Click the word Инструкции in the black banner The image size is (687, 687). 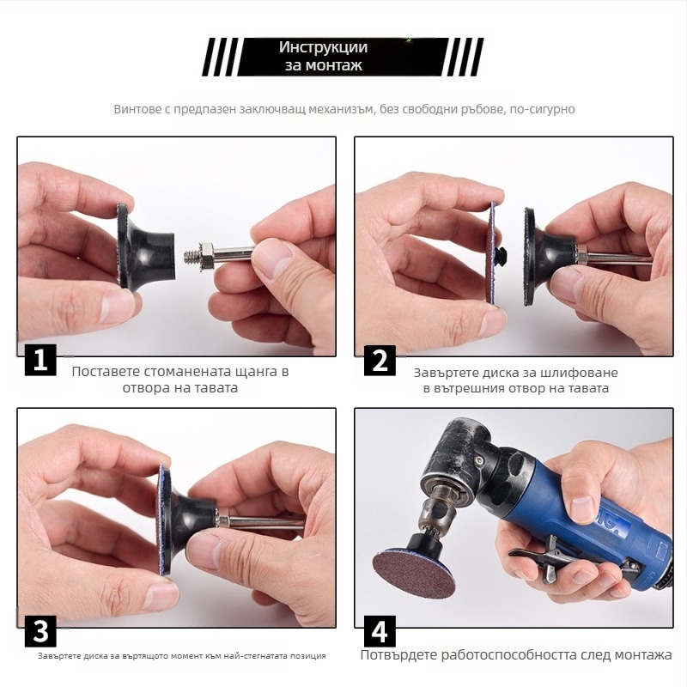pos(323,47)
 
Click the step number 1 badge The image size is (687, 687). pos(40,360)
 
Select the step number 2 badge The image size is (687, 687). pos(380,360)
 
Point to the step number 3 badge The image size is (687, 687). pos(40,631)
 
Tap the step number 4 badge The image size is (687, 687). pos(380,631)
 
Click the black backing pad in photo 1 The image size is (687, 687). pos(144,246)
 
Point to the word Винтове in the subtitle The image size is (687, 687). pos(137,109)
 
